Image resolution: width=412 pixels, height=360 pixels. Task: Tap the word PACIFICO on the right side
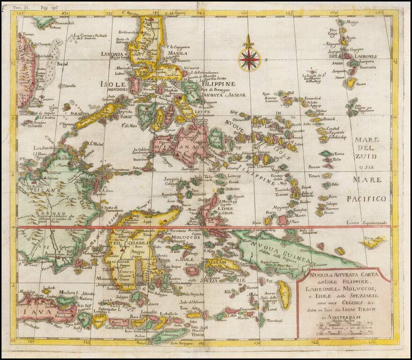click(367, 199)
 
